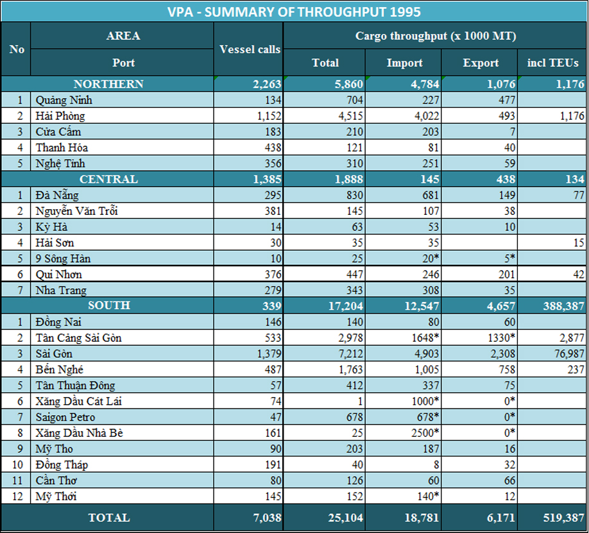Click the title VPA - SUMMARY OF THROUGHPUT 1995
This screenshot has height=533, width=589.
coord(294,12)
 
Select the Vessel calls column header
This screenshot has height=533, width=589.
coord(250,49)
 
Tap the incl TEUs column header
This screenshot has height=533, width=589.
coord(553,63)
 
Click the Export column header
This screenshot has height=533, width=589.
coord(481,63)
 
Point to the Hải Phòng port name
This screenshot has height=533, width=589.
coord(60,116)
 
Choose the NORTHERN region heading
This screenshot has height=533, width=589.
coord(108,84)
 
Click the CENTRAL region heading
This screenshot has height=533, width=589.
coord(108,179)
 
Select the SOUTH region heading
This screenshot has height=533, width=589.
coord(108,305)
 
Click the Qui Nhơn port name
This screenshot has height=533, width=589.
coord(59,274)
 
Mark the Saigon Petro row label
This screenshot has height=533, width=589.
coord(66,417)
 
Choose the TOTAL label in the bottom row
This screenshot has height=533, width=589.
coord(108,518)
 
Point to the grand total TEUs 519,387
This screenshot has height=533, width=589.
coord(559,518)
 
